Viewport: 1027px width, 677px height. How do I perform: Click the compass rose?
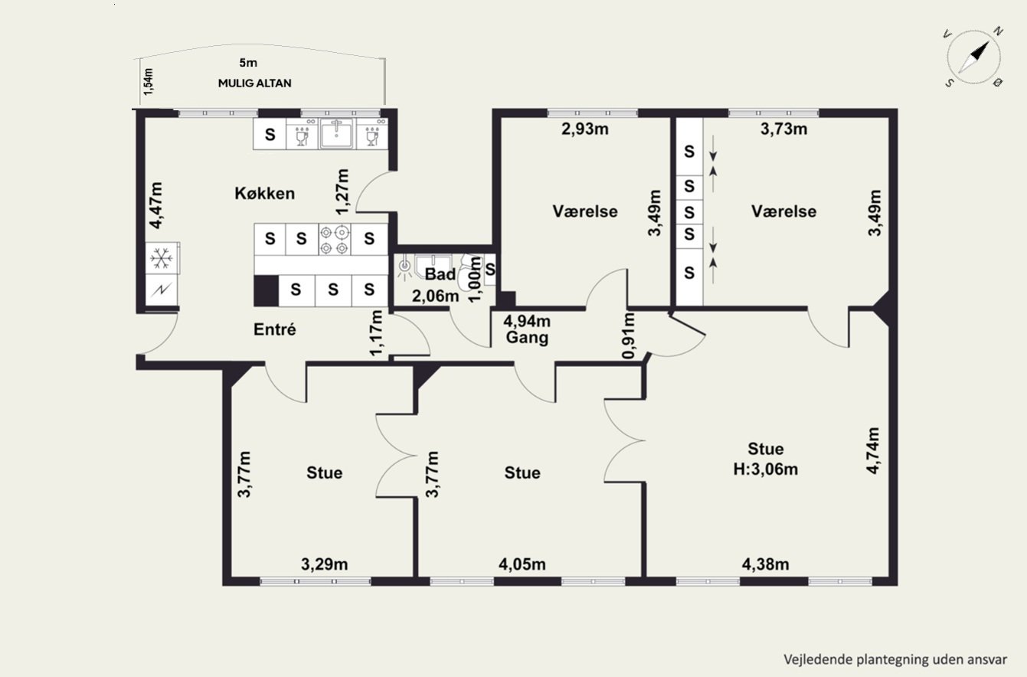coord(974,57)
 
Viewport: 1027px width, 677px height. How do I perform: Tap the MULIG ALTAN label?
coord(254,83)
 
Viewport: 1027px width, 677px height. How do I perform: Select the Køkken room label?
coord(264,194)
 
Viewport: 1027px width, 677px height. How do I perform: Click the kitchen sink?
coord(336,133)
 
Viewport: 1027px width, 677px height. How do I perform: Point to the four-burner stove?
coord(334,239)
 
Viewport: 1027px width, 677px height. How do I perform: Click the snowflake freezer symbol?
coord(162,259)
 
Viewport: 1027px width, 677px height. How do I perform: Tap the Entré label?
coord(275,329)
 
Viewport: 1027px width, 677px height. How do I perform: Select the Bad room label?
coord(440,274)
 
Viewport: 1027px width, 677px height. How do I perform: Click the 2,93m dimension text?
coord(585,129)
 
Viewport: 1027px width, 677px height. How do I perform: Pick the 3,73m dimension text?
coord(784,129)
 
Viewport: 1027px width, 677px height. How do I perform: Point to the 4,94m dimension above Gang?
coord(527,321)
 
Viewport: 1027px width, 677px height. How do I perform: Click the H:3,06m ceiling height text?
coord(766,469)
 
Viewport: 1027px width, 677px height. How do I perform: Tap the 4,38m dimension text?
coord(766,564)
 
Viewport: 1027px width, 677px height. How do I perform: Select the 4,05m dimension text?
coord(522,564)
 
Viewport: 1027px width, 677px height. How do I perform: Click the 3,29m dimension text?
coord(324,564)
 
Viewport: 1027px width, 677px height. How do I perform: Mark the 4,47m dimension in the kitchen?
coord(156,205)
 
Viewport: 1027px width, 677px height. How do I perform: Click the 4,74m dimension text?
coord(872,450)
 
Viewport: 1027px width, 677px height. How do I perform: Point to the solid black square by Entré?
coord(266,291)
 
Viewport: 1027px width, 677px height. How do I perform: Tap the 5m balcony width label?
coord(248,63)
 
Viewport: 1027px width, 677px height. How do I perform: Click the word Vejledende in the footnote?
coord(810,660)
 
